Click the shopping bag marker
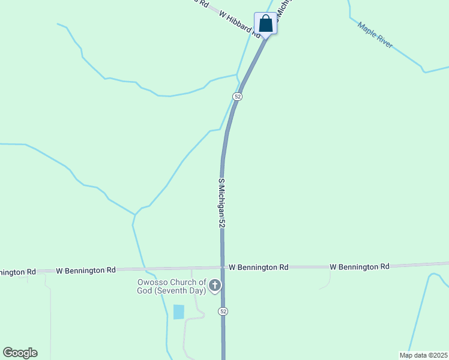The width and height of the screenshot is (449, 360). (265, 24)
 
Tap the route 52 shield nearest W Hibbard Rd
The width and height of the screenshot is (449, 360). (238, 97)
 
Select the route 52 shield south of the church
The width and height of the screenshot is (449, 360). (223, 311)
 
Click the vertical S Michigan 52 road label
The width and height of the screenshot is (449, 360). (221, 202)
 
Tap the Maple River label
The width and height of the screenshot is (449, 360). (375, 35)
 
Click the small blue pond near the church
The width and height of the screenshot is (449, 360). (178, 312)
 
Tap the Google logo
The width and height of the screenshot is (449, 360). (20, 353)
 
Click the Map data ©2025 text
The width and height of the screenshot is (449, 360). (423, 355)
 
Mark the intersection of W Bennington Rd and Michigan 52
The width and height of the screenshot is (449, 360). (222, 268)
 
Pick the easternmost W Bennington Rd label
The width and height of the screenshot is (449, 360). (359, 266)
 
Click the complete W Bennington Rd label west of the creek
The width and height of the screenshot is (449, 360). (85, 271)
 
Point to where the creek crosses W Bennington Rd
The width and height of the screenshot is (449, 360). (145, 269)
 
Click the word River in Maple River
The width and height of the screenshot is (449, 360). (384, 41)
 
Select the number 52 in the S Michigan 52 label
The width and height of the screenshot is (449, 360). (221, 221)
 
